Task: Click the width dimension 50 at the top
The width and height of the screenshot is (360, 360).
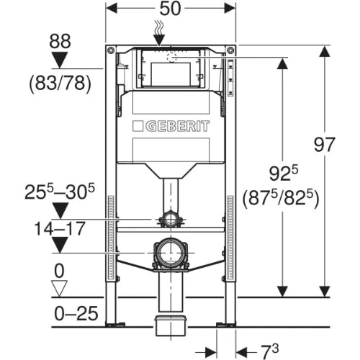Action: click(x=170, y=9)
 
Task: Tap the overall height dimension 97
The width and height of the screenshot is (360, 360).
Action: click(x=324, y=145)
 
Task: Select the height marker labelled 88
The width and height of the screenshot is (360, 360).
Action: click(x=60, y=41)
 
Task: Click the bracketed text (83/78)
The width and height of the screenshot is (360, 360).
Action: click(x=60, y=84)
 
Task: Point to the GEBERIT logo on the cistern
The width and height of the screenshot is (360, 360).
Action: click(x=171, y=126)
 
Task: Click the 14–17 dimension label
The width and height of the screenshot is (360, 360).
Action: click(x=60, y=228)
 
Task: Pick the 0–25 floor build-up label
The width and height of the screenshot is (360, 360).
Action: click(x=76, y=313)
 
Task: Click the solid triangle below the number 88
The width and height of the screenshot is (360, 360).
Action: click(x=60, y=60)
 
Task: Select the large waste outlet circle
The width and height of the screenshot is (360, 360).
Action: click(x=171, y=253)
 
